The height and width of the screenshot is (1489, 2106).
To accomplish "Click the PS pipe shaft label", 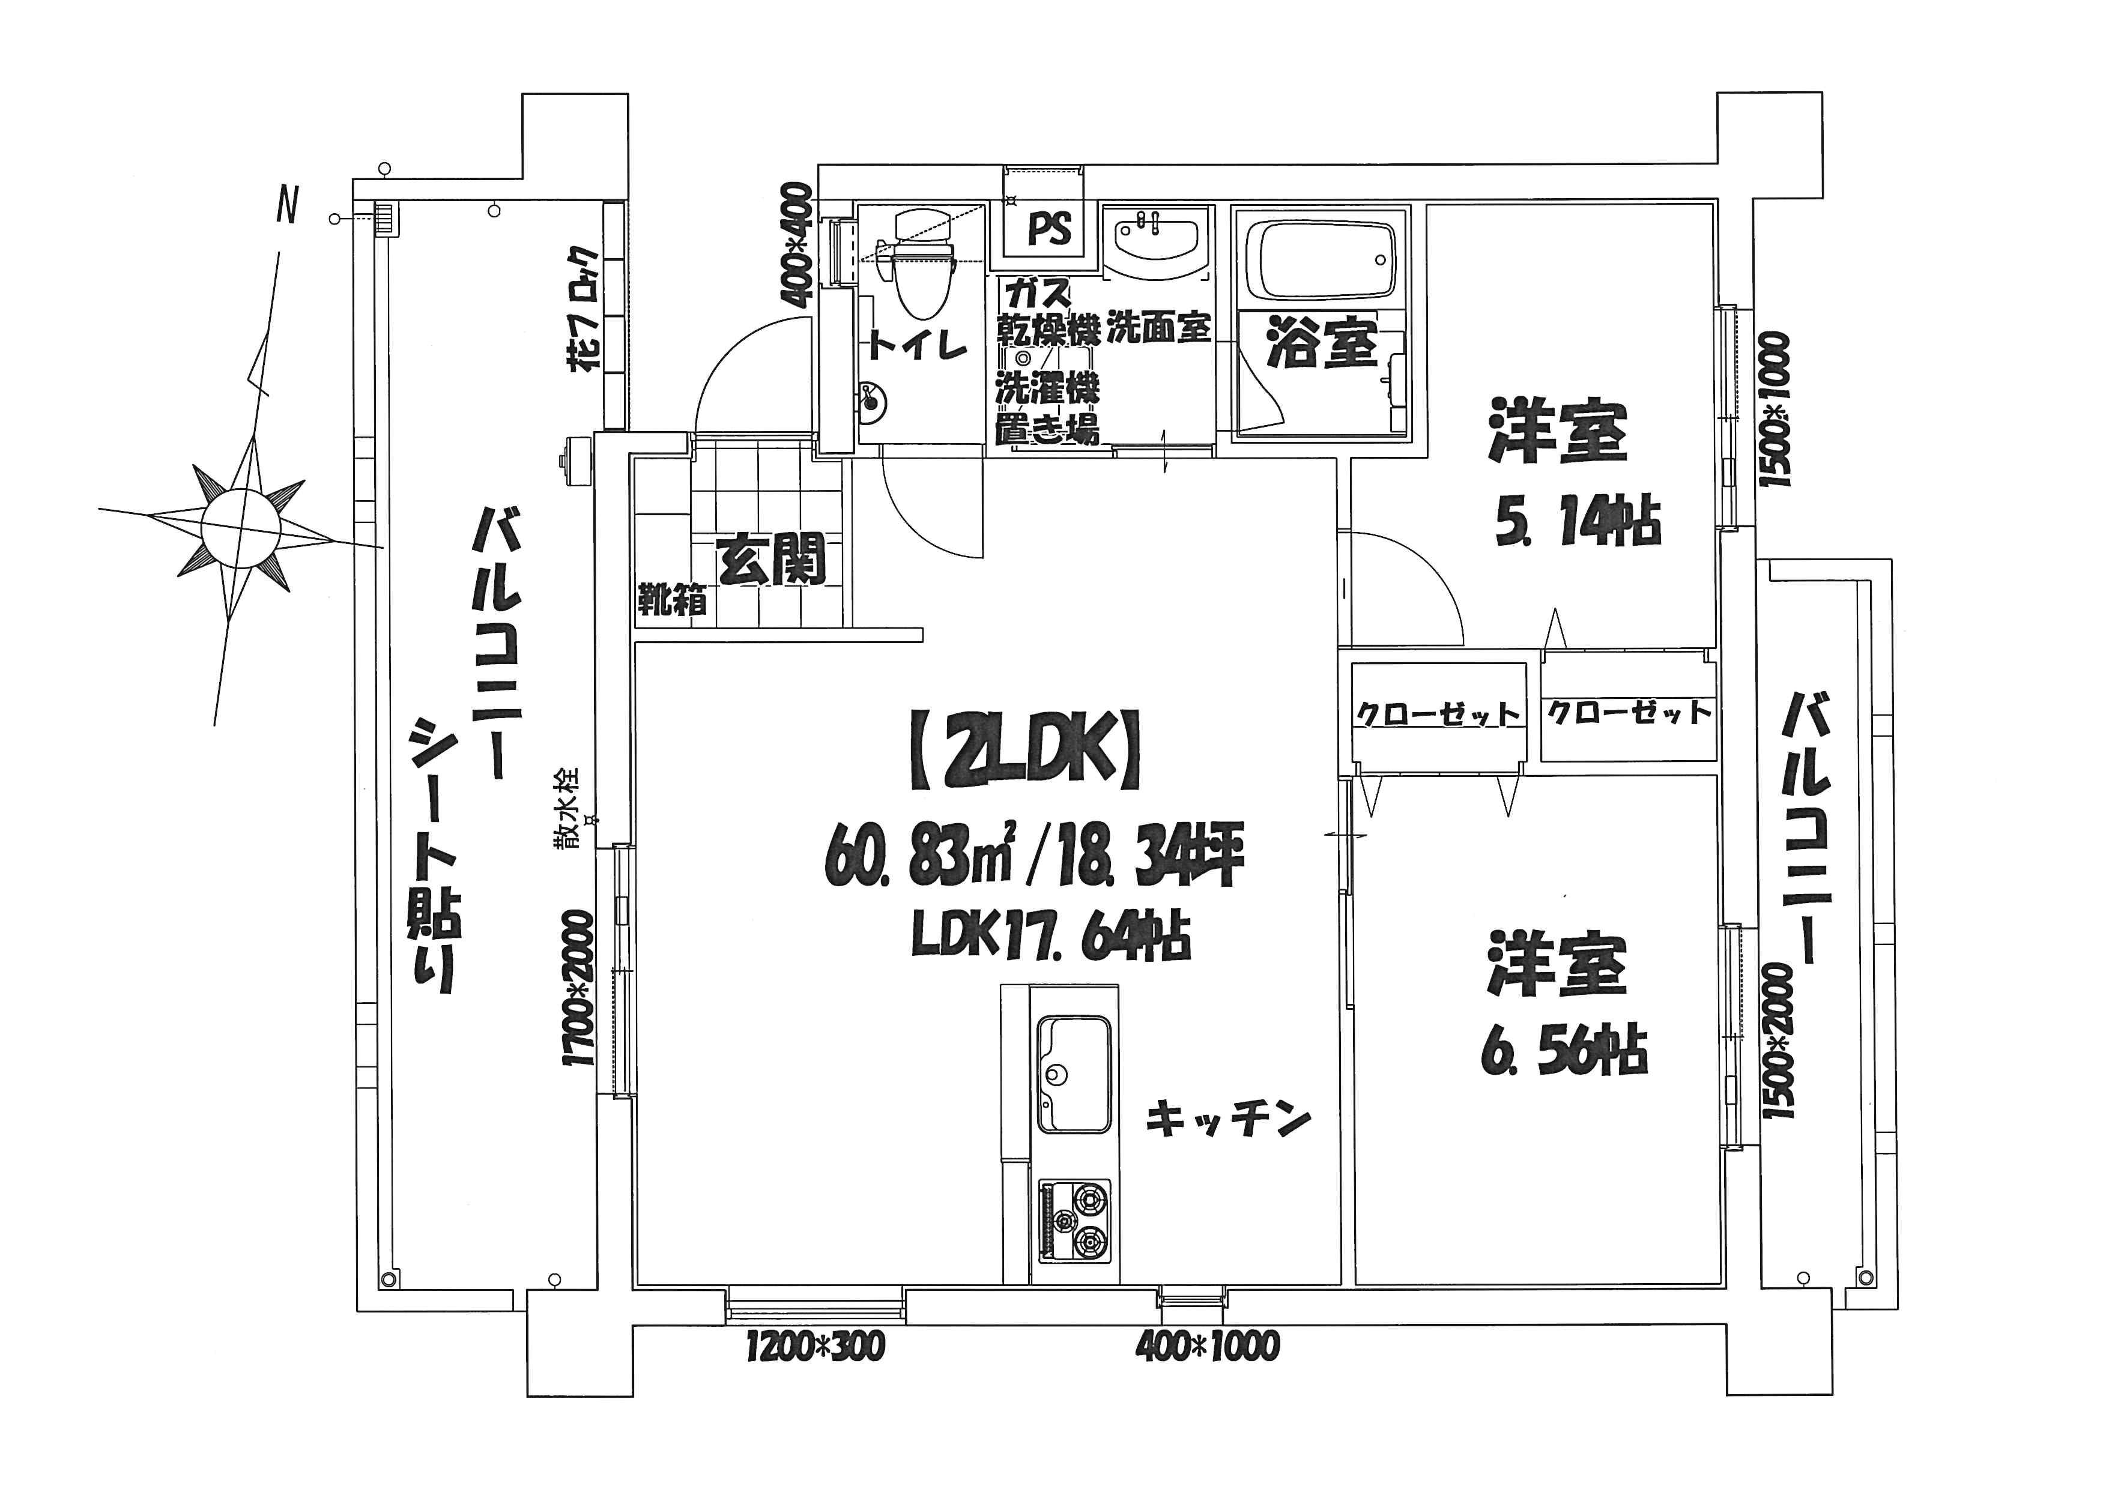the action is click(x=1049, y=228).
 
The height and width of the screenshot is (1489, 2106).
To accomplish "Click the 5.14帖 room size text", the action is click(x=1578, y=522).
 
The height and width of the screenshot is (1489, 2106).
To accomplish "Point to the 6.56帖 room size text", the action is click(x=1564, y=1052).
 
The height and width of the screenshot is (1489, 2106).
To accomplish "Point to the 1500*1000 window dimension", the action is click(x=1773, y=410).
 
